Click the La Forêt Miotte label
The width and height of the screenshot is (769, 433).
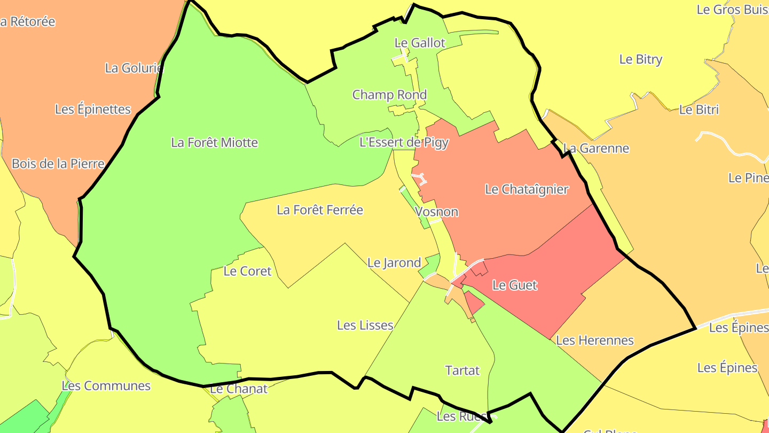pyautogui.click(x=214, y=143)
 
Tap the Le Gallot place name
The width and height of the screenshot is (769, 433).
pyautogui.click(x=420, y=43)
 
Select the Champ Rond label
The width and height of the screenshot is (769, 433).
pyautogui.click(x=389, y=95)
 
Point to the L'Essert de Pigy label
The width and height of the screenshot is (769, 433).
pyautogui.click(x=404, y=142)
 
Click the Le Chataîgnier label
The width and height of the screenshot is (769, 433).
pyautogui.click(x=527, y=189)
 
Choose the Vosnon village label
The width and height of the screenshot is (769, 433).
pyautogui.click(x=436, y=212)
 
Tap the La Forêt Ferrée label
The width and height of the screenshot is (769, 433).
pyautogui.click(x=320, y=210)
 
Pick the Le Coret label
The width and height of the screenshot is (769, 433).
pyautogui.click(x=247, y=271)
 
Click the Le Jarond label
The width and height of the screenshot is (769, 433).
pyautogui.click(x=394, y=263)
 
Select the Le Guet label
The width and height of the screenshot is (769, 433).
pyautogui.click(x=515, y=285)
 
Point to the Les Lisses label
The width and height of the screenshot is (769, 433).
pyautogui.click(x=365, y=325)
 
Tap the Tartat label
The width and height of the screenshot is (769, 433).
pyautogui.click(x=462, y=370)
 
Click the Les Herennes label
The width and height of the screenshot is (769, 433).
pyautogui.click(x=595, y=341)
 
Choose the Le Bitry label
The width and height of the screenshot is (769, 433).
pyautogui.click(x=641, y=59)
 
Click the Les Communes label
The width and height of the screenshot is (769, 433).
pyautogui.click(x=106, y=386)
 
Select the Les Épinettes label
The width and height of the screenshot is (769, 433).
pyautogui.click(x=93, y=110)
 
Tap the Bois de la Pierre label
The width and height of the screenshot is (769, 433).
pyautogui.click(x=58, y=164)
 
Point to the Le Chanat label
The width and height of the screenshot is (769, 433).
pyautogui.click(x=238, y=389)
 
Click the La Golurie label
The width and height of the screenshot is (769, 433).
pyautogui.click(x=134, y=68)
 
